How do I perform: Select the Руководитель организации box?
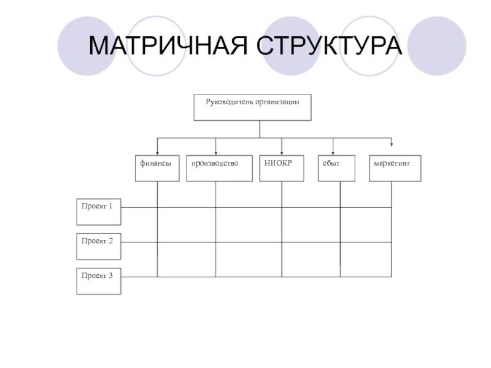(253, 107)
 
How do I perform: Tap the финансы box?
(157, 168)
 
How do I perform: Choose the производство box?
(219, 168)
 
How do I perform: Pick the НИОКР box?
(281, 168)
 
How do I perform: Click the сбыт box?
(336, 168)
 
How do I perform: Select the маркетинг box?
(395, 168)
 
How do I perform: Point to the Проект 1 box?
(99, 212)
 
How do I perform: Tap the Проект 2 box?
(99, 246)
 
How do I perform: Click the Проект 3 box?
(99, 280)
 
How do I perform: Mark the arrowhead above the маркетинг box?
(392, 145)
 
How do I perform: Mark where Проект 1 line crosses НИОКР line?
(282, 207)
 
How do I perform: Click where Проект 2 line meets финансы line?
(158, 242)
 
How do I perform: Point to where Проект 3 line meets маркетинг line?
(392, 277)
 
